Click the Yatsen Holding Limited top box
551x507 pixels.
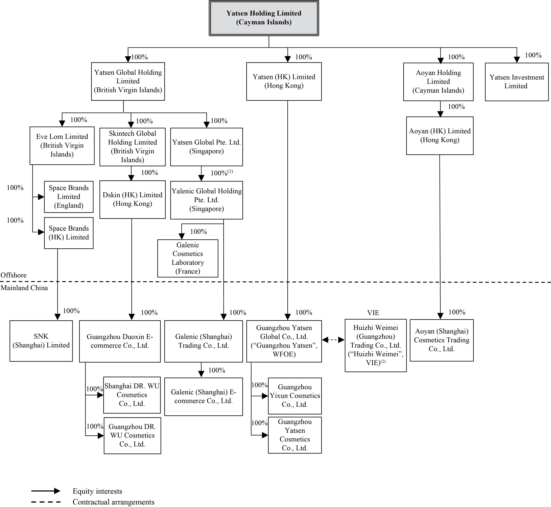point(264,18)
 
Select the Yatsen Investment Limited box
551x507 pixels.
point(517,82)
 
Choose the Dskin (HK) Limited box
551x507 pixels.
point(133,199)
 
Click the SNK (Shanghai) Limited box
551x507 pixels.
point(41,341)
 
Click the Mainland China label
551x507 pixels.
point(24,288)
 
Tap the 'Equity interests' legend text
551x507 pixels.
point(97,491)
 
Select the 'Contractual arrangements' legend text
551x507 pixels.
point(114,502)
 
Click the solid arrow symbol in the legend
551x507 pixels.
point(46,491)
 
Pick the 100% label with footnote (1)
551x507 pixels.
point(222,173)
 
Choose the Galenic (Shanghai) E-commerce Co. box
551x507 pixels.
point(203,396)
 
